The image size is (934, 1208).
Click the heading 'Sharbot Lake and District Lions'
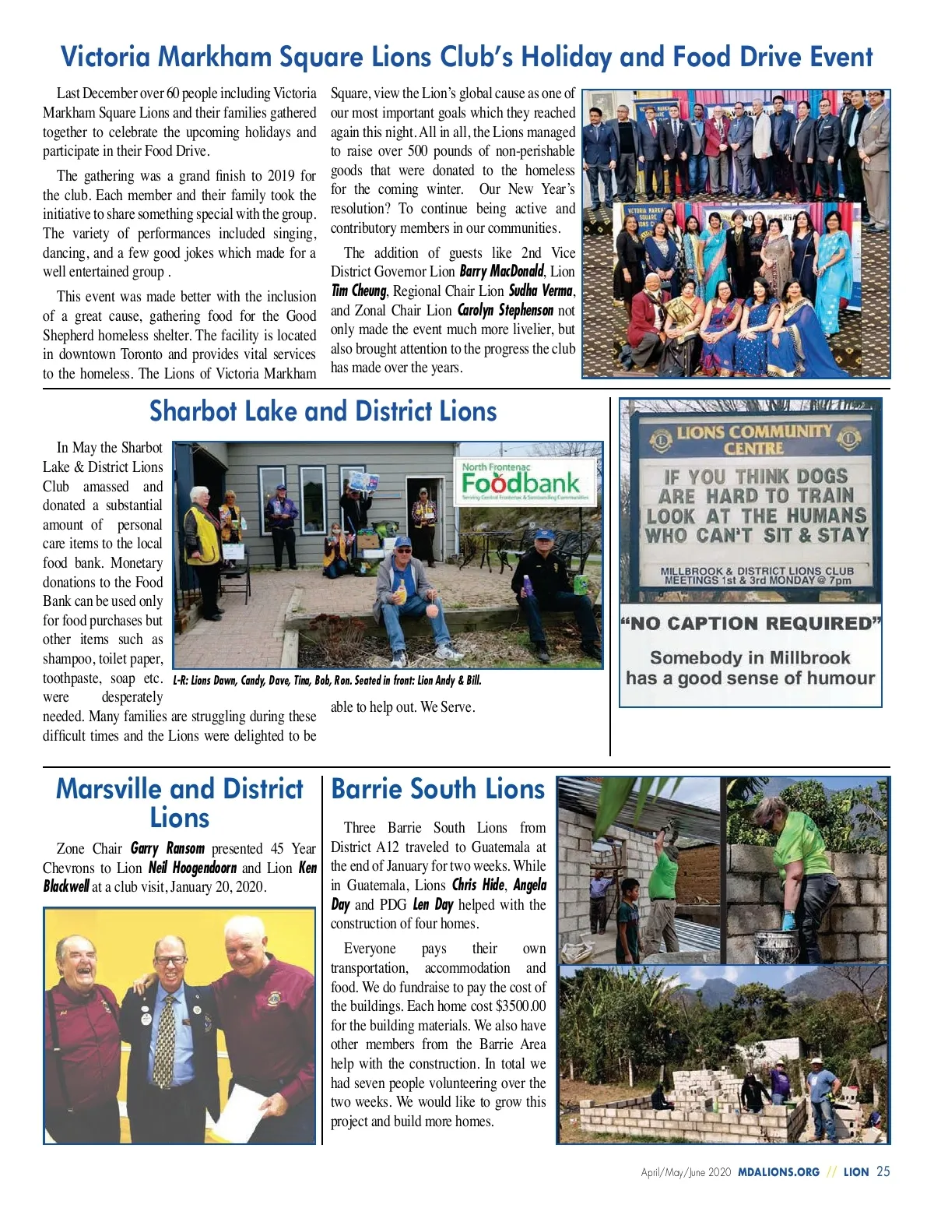coord(323,411)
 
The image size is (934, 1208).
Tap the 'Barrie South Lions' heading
coord(437,789)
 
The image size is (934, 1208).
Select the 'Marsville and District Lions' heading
coord(180,803)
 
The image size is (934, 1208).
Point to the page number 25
coord(883,1171)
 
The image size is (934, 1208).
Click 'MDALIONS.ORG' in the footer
coord(778,1172)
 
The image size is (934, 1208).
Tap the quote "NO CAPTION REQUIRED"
coord(750,623)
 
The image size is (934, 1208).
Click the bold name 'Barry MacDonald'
coord(500,272)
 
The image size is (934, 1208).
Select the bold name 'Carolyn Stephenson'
coord(505,310)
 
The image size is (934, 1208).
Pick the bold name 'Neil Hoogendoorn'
coord(192,868)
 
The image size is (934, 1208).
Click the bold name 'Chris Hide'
coord(478,886)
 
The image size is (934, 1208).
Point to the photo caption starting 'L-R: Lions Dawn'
coord(327,681)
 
